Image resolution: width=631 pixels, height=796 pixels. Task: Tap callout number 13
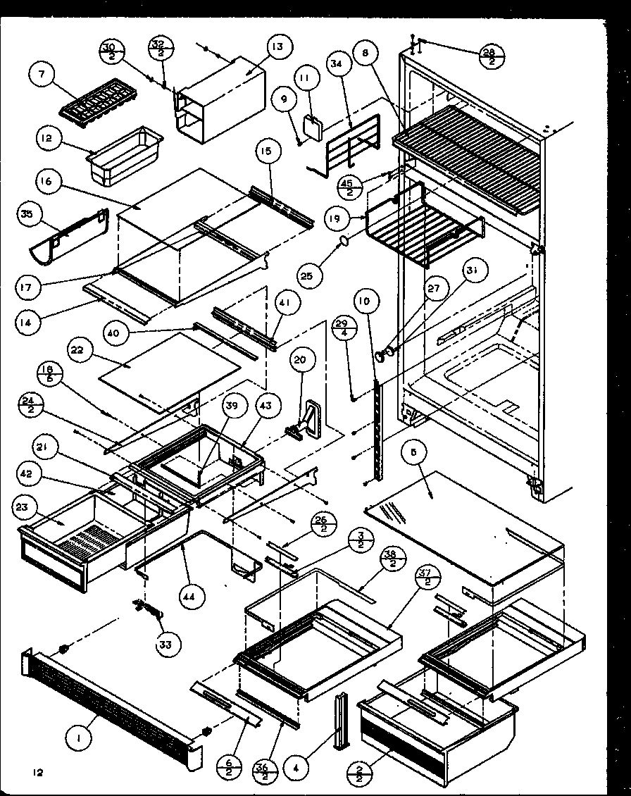[277, 47]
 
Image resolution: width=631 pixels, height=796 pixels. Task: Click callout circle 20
[300, 361]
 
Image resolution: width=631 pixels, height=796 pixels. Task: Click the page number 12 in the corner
[37, 773]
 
